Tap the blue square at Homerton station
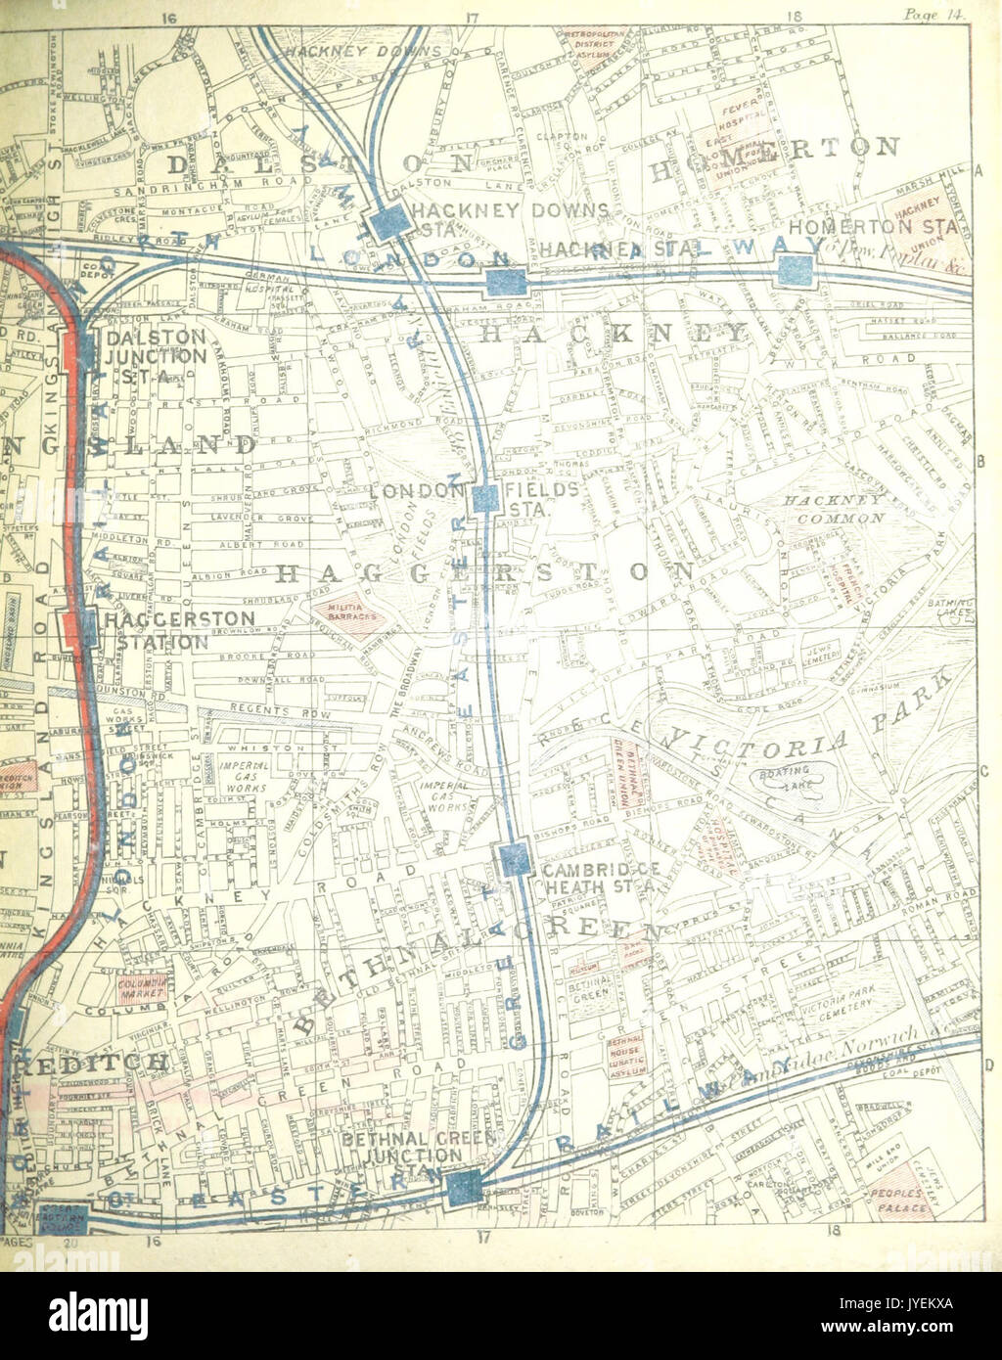coord(796,271)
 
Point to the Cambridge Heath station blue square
coord(515,860)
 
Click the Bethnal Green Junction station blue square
coord(461,1188)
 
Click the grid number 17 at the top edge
coord(472,15)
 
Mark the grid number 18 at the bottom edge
coord(834,1232)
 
